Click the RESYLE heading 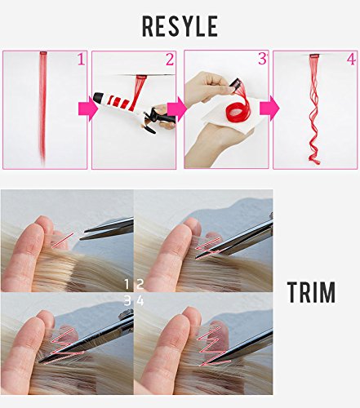180,26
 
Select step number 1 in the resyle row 80,60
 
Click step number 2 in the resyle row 170,60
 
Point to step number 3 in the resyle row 262,60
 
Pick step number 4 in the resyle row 350,60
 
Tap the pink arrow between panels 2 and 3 175,108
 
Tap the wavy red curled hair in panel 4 314,114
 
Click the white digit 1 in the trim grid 127,284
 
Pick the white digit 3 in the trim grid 127,299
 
